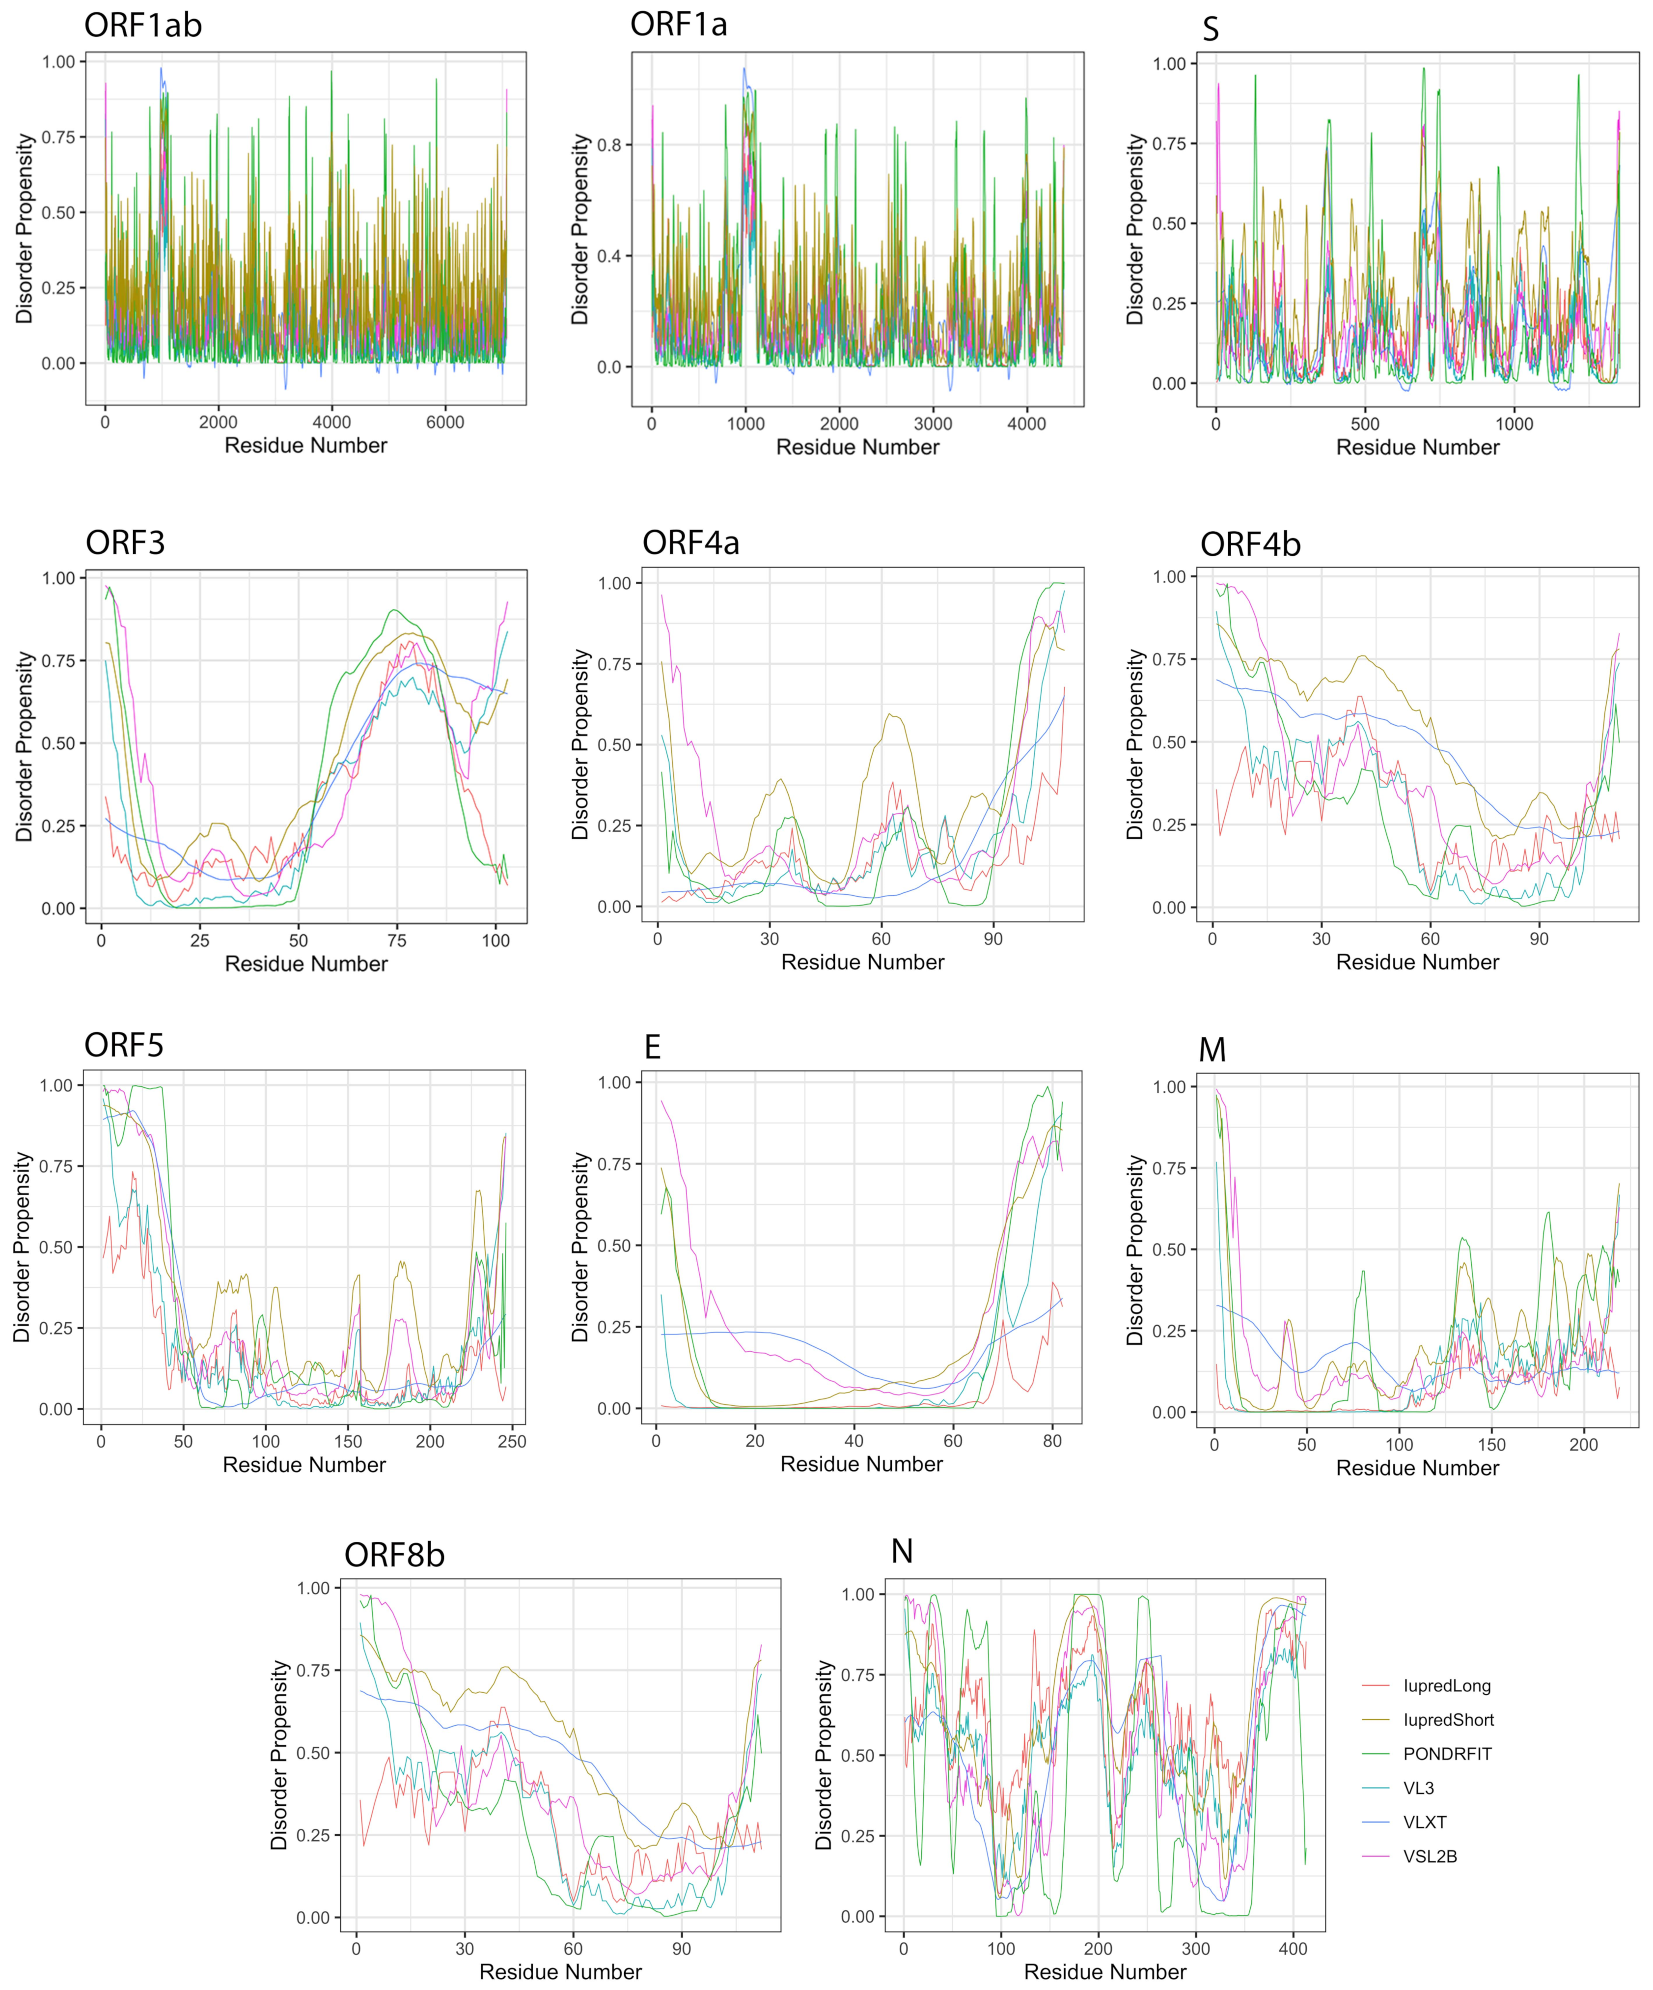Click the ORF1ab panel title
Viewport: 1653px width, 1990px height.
[143, 26]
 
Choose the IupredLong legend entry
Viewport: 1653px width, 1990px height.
[1446, 1686]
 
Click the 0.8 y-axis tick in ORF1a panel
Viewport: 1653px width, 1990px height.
[608, 145]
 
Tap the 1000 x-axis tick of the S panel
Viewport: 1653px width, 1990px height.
[1514, 425]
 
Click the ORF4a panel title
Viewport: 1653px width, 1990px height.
[690, 543]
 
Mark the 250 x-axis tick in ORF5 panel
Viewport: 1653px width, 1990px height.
[512, 1441]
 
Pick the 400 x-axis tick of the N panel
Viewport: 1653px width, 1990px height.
[1293, 1949]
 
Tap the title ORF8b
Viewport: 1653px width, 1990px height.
[394, 1555]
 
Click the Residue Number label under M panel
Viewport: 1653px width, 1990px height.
[1417, 1468]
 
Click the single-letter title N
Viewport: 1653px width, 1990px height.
[902, 1551]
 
